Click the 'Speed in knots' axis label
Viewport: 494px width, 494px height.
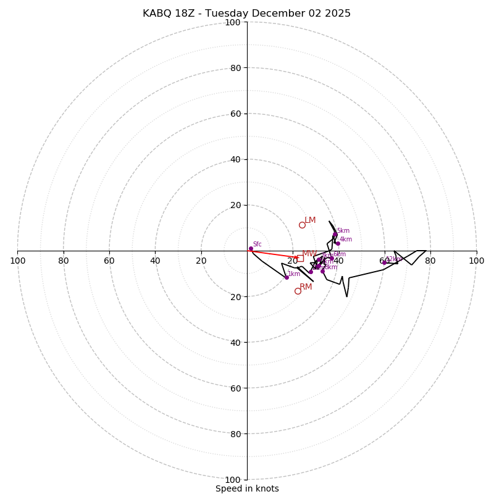(247, 488)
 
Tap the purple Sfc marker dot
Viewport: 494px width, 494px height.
(251, 248)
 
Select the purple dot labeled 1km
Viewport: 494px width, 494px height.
(287, 277)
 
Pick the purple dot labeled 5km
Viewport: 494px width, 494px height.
(335, 235)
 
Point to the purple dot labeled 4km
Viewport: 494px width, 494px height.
(338, 243)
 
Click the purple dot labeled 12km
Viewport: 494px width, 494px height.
(384, 262)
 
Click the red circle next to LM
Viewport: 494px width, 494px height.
(302, 225)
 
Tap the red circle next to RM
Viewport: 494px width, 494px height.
(298, 291)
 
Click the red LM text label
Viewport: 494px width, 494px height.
(310, 220)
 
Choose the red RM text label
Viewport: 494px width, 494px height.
(306, 287)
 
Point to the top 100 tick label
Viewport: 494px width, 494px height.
(232, 22)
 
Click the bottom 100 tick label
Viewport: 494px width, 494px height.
(232, 479)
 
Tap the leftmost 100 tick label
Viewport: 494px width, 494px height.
(17, 261)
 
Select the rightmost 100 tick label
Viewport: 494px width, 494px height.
(476, 261)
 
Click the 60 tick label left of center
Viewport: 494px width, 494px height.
(109, 261)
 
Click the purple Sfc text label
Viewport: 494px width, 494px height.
(257, 244)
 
